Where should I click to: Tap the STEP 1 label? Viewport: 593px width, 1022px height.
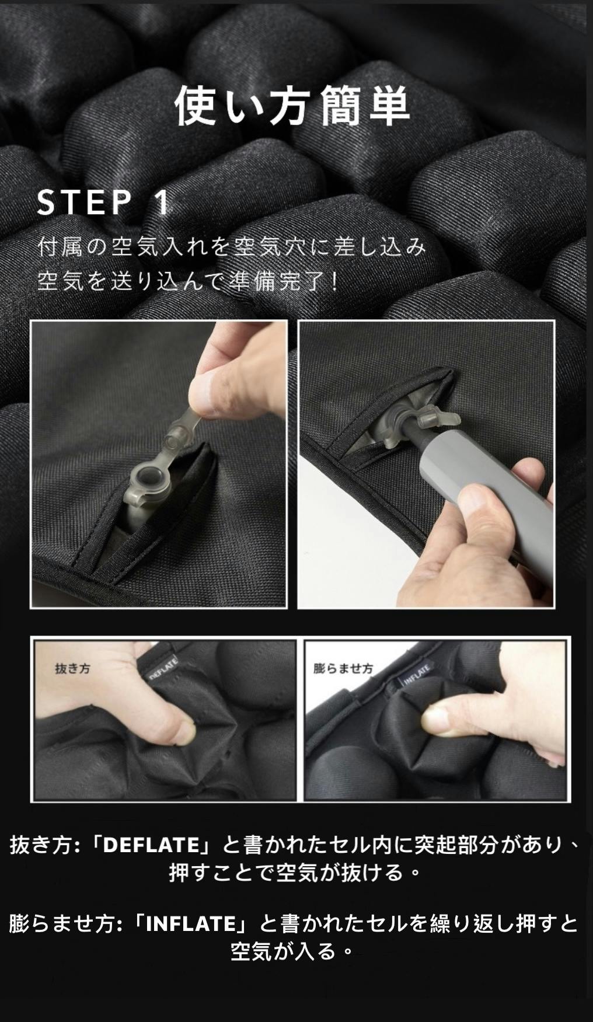click(x=103, y=203)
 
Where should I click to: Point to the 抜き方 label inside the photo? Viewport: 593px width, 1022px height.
click(x=72, y=668)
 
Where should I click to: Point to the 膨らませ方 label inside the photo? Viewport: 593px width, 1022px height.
click(x=343, y=668)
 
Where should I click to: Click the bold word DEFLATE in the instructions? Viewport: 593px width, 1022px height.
click(x=152, y=845)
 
